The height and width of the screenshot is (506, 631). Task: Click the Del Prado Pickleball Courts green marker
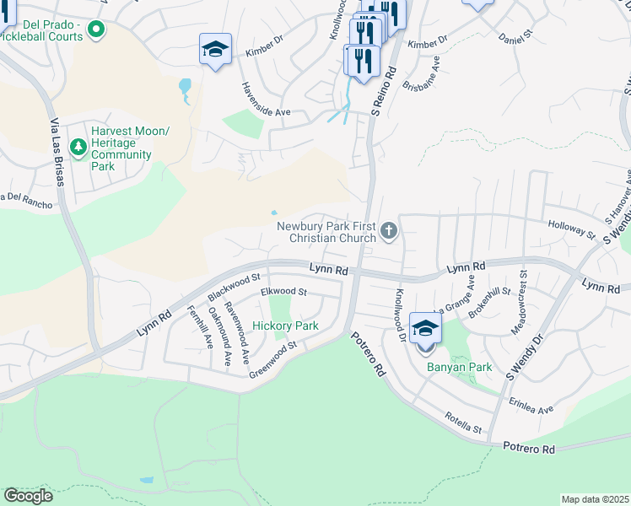[x=96, y=30]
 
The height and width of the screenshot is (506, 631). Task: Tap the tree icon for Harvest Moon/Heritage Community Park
[x=78, y=148]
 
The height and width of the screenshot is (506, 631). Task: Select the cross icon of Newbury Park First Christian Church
[x=388, y=230]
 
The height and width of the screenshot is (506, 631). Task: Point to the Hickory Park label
[x=285, y=326]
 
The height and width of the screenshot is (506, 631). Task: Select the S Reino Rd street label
[x=385, y=93]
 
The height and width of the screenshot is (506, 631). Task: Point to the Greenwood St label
[x=273, y=355]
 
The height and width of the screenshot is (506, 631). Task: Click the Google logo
[x=29, y=495]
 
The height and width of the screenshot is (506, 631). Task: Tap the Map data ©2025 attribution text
[x=595, y=499]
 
